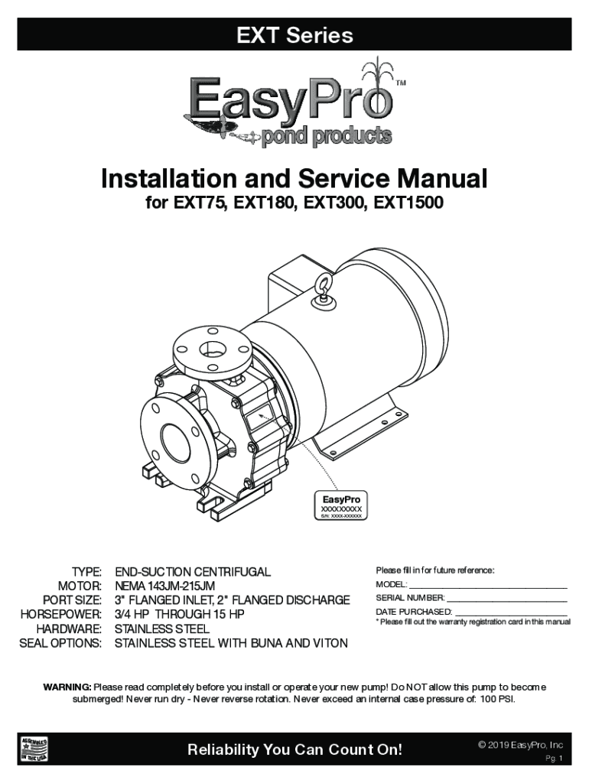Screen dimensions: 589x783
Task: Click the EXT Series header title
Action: (294, 35)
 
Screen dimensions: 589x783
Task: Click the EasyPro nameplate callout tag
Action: (340, 505)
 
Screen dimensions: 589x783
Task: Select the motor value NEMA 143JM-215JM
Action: (165, 586)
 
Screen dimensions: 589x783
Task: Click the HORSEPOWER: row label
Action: (61, 614)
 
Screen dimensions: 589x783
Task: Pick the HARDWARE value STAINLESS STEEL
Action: (162, 629)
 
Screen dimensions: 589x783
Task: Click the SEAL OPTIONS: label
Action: (60, 643)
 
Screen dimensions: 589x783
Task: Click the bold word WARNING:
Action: (67, 687)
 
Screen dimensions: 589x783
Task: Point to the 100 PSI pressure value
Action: (496, 699)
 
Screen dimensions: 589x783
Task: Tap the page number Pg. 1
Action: (554, 759)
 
